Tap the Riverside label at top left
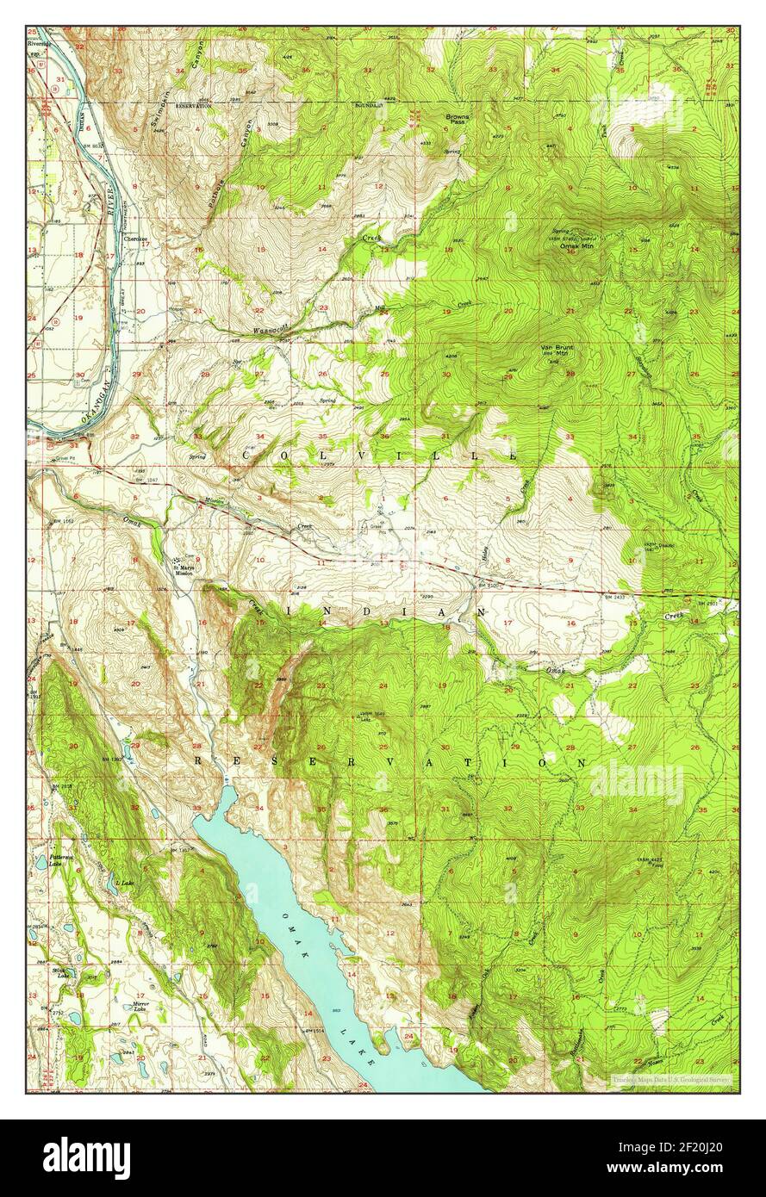click(40, 40)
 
